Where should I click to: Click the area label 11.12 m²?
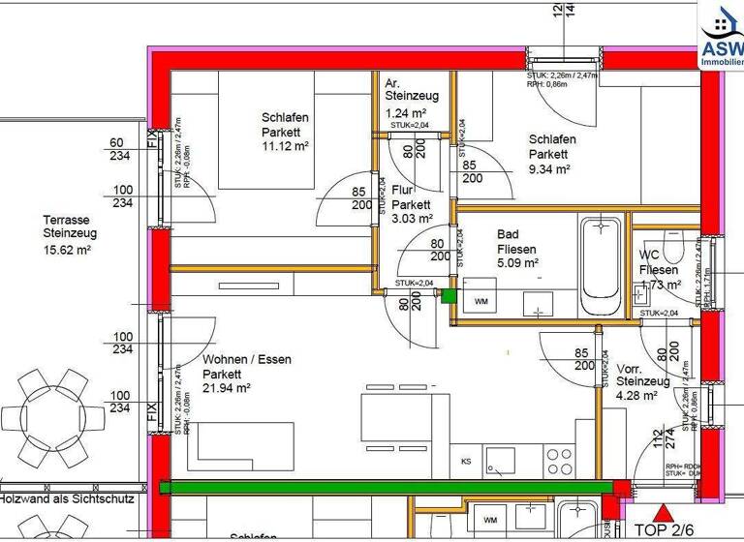coord(284,147)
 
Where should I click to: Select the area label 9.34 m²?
coord(548,168)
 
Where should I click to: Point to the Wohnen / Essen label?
coord(246,359)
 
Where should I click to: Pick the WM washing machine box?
coord(480,302)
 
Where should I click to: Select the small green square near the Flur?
coord(448,297)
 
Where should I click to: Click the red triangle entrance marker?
coord(662,513)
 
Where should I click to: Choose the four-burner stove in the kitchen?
coord(560,460)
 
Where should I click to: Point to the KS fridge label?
coord(466,461)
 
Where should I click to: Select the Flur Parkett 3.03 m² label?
coord(411,204)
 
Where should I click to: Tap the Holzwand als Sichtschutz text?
coord(68,500)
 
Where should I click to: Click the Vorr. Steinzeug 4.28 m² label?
coord(642,381)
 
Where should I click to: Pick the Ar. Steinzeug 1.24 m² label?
coord(411,97)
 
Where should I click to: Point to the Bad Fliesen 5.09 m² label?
coord(517,248)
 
